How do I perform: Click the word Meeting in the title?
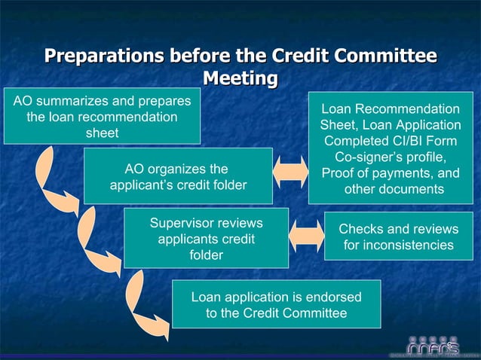[x=240, y=78]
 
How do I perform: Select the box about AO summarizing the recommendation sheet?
[x=102, y=117]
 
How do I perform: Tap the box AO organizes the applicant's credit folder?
[x=177, y=176]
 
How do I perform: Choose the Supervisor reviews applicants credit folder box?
[x=206, y=238]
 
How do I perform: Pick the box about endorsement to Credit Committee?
[x=276, y=304]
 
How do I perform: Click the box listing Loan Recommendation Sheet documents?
[x=390, y=148]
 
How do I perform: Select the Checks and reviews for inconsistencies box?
[x=398, y=236]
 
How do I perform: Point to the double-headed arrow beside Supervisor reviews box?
[x=306, y=235]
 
